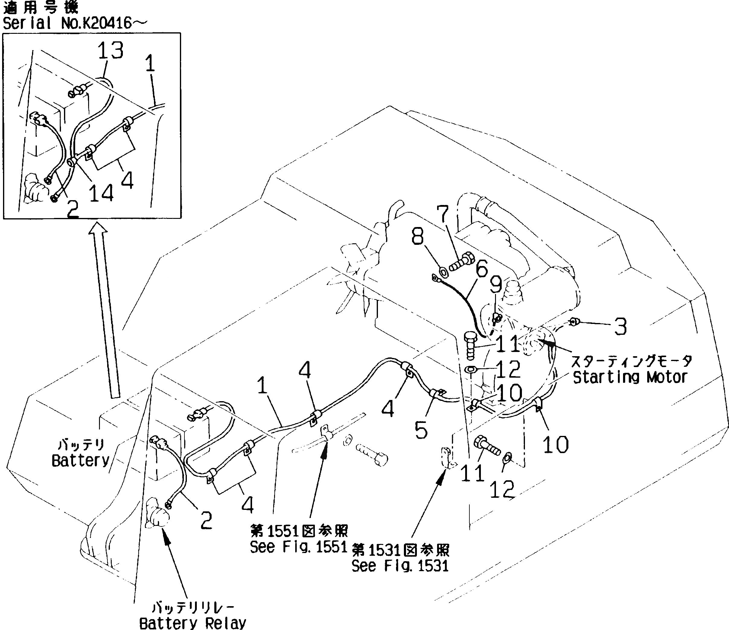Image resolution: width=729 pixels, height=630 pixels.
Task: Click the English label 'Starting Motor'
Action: [630, 377]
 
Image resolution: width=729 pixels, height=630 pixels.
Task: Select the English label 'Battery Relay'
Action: [193, 623]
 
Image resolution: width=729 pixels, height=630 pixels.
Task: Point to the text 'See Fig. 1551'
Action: [298, 547]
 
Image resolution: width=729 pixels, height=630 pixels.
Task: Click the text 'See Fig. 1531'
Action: [400, 566]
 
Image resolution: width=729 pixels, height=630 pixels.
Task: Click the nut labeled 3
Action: [574, 321]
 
